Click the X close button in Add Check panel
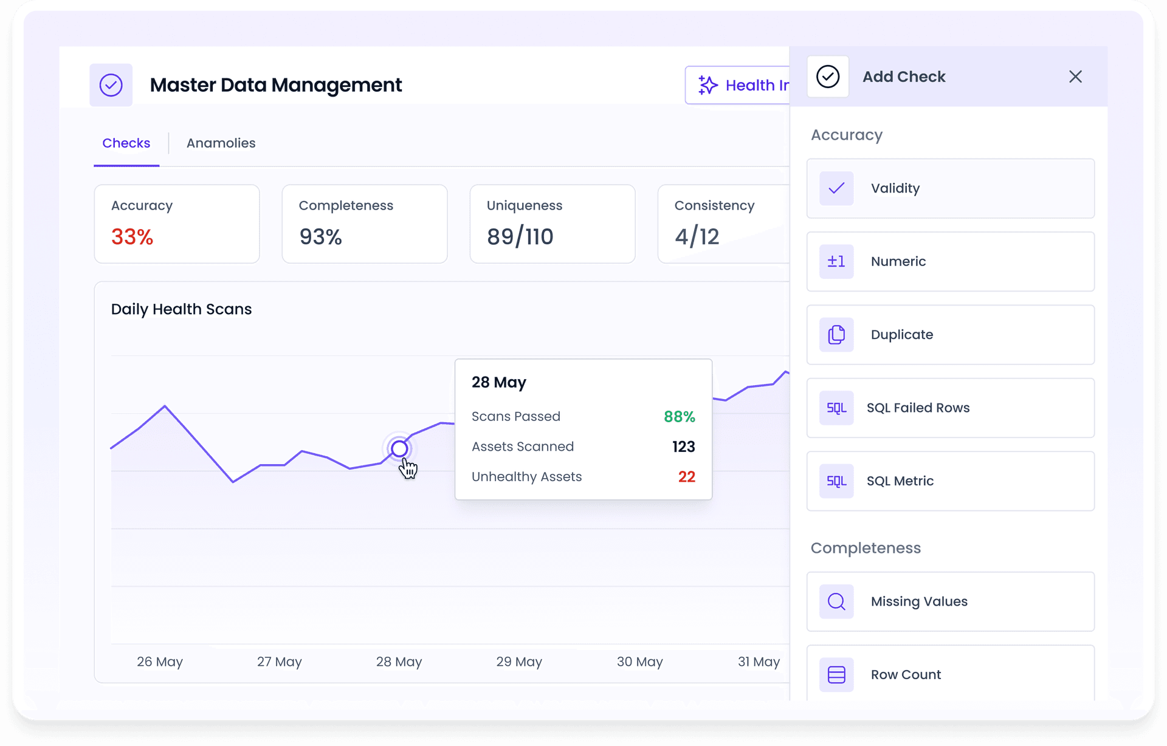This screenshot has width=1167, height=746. pos(1075,77)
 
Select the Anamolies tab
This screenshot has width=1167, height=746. pos(221,143)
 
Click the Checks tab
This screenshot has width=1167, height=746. pos(126,143)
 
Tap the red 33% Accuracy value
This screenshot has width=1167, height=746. pos(132,236)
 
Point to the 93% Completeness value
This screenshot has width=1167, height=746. pos(320,236)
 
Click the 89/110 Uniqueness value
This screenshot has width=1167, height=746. pos(520,236)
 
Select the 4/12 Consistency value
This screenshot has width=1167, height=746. pos(697,236)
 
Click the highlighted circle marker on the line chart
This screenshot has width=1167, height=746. pos(399,449)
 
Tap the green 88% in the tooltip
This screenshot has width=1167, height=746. pos(679,417)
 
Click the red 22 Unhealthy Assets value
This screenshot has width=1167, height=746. pos(686,477)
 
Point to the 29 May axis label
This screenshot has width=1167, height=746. pos(518,662)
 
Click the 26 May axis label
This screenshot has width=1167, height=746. pos(159,662)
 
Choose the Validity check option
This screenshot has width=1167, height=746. pos(950,188)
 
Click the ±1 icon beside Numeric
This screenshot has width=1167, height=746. pos(836,262)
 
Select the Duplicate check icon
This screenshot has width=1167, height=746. pos(836,335)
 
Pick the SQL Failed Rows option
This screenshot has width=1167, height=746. pos(950,408)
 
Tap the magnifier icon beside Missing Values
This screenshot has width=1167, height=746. pos(836,601)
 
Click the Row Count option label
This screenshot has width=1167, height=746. pos(906,674)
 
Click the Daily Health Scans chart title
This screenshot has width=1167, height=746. pos(181,309)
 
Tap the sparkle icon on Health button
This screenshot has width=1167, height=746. pos(707,85)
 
